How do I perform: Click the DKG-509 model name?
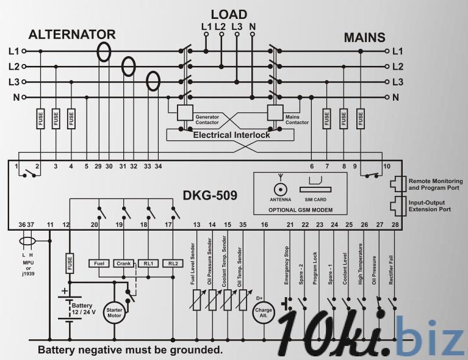(209, 196)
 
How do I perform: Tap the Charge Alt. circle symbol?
(264, 312)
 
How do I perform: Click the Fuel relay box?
(98, 263)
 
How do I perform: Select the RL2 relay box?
(174, 263)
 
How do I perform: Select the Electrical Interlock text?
(231, 135)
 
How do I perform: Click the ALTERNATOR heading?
(72, 34)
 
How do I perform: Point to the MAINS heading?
(364, 37)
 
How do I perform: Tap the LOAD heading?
(229, 14)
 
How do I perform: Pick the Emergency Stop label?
(287, 265)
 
